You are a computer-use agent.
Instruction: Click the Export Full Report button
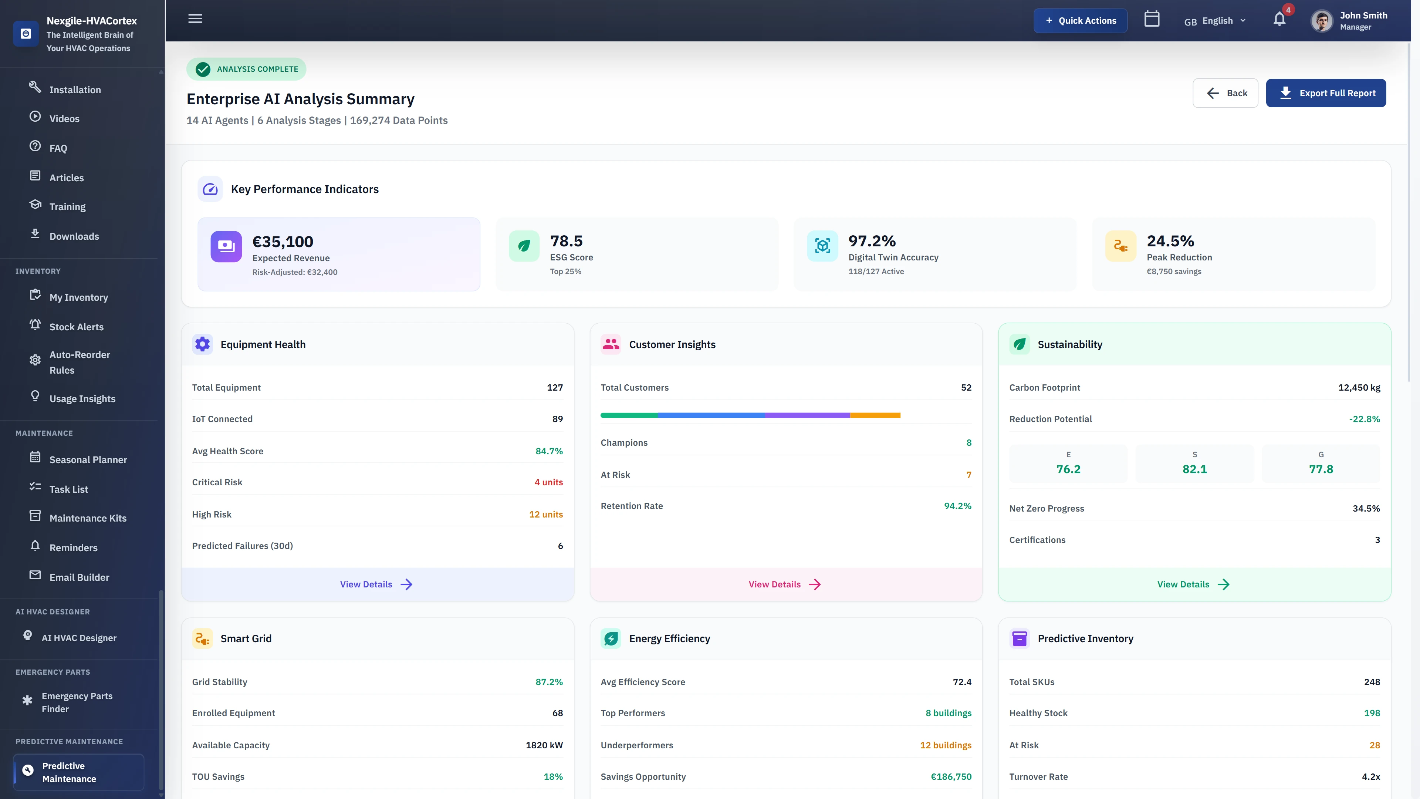point(1325,93)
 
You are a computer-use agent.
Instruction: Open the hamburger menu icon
point(195,19)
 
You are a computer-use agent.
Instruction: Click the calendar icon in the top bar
point(1152,19)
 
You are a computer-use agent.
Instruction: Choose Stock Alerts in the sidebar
point(76,326)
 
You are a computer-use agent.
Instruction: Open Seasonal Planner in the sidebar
point(88,459)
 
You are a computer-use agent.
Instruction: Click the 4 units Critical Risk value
point(548,482)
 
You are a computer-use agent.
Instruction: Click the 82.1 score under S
point(1194,469)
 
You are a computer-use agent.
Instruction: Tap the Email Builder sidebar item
point(79,577)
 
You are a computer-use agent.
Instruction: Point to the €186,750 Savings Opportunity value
point(950,776)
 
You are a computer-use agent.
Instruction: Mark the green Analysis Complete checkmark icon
point(203,69)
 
